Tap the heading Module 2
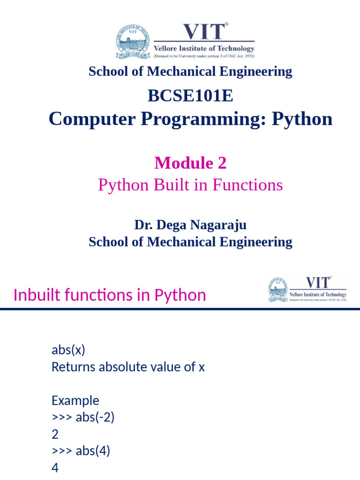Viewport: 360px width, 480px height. (190, 163)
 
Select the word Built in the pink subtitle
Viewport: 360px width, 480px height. (178, 185)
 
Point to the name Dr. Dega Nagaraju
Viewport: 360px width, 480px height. (190, 225)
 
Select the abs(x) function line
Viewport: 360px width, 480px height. (68, 350)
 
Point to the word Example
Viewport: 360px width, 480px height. (75, 401)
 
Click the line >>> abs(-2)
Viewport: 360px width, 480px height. (83, 418)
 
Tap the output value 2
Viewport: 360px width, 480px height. (55, 435)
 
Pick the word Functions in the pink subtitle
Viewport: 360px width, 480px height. (247, 185)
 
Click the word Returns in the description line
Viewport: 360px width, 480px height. (73, 367)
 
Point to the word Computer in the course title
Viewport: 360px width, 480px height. (88, 119)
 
